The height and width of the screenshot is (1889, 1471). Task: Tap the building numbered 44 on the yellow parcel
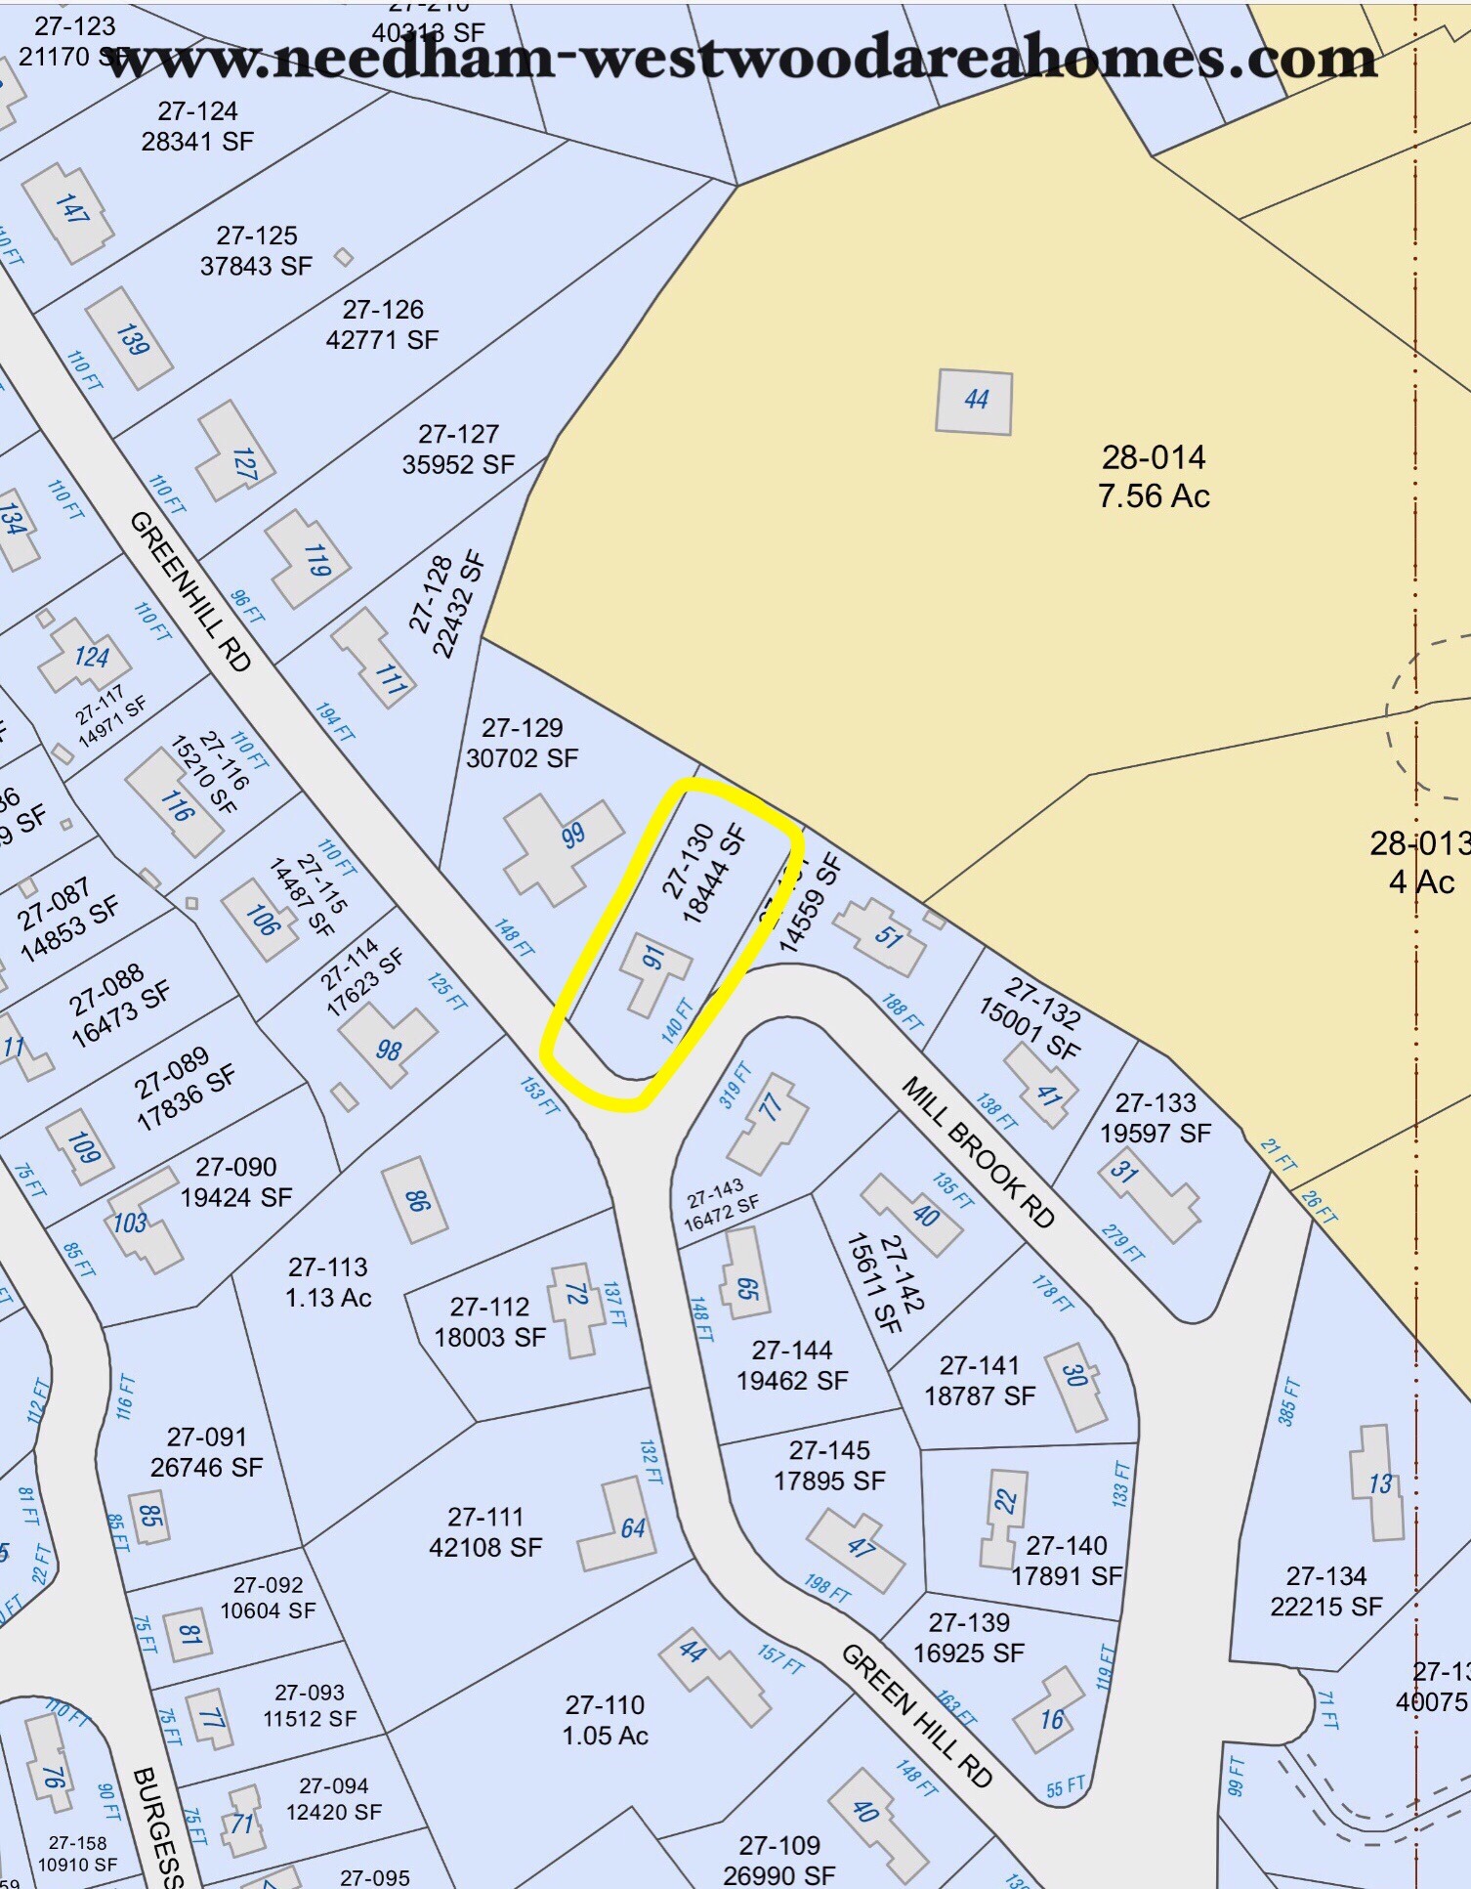point(974,401)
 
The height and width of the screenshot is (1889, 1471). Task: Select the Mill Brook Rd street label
point(978,1152)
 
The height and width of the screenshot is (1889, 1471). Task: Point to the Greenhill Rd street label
point(190,590)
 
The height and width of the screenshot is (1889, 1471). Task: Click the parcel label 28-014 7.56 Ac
point(1154,477)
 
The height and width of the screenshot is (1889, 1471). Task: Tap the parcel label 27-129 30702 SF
point(522,743)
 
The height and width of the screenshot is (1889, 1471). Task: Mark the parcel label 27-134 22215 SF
point(1325,1591)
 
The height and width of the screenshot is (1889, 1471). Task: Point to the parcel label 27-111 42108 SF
point(485,1531)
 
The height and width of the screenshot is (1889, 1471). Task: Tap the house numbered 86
point(416,1200)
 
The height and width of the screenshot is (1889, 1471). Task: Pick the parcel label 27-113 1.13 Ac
point(328,1282)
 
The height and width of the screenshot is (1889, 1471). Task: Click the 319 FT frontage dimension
point(735,1085)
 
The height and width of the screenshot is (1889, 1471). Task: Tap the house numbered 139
point(130,338)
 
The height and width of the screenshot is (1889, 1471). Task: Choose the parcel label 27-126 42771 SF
point(383,324)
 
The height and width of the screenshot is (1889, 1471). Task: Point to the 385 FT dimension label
point(1289,1401)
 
